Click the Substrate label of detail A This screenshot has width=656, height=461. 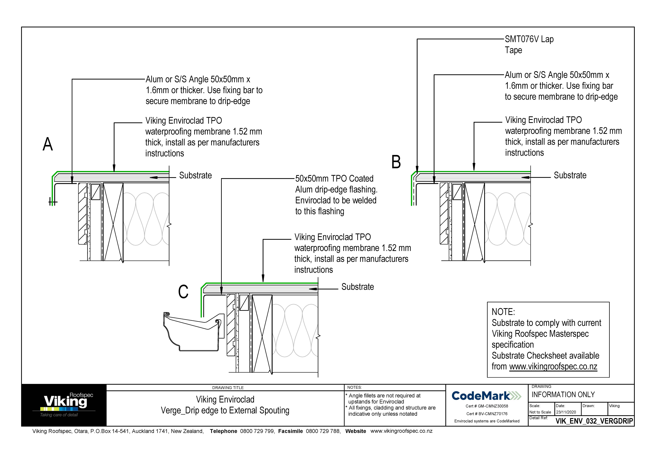(195, 175)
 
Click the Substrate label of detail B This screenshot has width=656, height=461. (570, 175)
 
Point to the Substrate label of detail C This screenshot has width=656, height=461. (357, 287)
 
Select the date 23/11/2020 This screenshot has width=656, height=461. (566, 412)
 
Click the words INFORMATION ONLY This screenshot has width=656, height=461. (563, 395)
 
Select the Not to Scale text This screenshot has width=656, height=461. (540, 412)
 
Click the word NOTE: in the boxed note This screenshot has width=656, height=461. (503, 312)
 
